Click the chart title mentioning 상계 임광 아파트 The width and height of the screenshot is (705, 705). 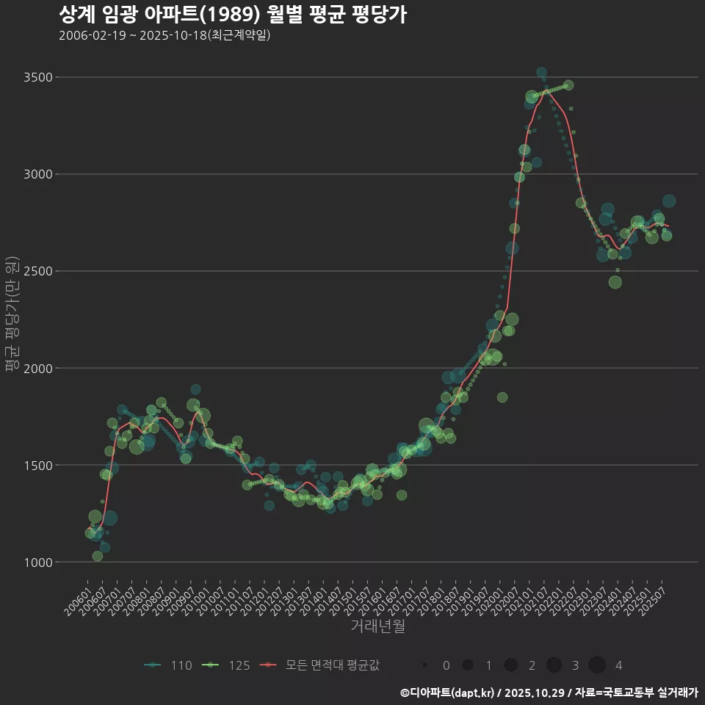pyautogui.click(x=232, y=15)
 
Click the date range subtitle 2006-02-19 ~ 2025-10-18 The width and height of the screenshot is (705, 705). pyautogui.click(x=164, y=35)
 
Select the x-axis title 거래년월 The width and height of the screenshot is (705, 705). pyautogui.click(x=378, y=626)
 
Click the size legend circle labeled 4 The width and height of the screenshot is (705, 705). pyautogui.click(x=597, y=665)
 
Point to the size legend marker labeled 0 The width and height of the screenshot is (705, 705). pyautogui.click(x=425, y=665)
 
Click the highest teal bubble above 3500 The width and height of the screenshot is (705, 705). pyautogui.click(x=541, y=73)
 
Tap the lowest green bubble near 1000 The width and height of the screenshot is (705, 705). pyautogui.click(x=98, y=556)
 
